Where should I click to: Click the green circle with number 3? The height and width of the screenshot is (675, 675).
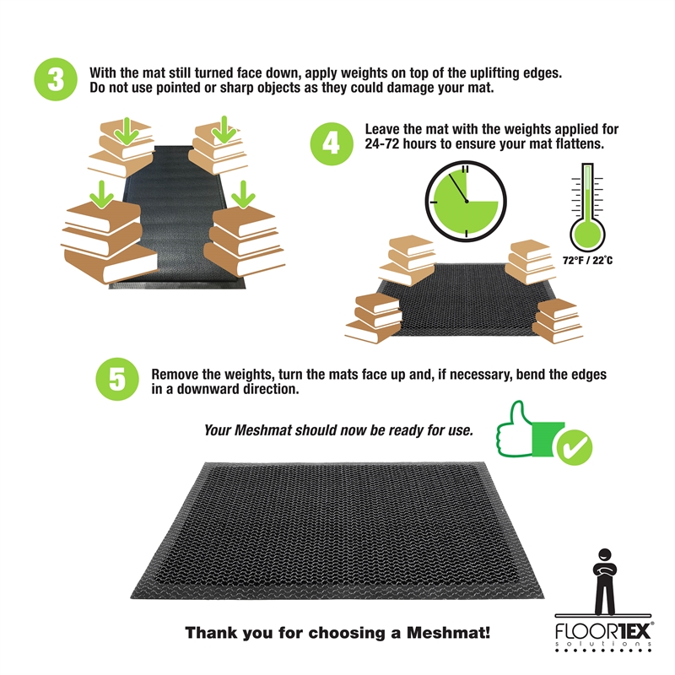tap(56, 79)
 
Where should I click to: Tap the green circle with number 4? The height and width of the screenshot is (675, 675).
tap(332, 143)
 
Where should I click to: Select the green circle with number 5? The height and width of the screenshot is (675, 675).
tap(117, 379)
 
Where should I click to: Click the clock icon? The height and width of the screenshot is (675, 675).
tap(466, 201)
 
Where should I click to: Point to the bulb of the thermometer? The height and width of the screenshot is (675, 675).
tap(587, 235)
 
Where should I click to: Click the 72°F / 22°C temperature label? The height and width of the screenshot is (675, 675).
tap(587, 261)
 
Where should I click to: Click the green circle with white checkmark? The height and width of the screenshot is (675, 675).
tap(575, 447)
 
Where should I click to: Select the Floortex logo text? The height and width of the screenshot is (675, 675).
tap(602, 631)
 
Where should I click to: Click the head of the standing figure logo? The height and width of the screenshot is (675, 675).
tap(605, 555)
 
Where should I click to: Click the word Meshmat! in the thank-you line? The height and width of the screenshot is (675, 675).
tap(448, 633)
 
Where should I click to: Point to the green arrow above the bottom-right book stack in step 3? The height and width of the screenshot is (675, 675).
tap(243, 195)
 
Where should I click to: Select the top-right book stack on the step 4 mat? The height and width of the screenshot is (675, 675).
tap(529, 262)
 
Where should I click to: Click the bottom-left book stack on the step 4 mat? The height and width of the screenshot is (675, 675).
tap(374, 318)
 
